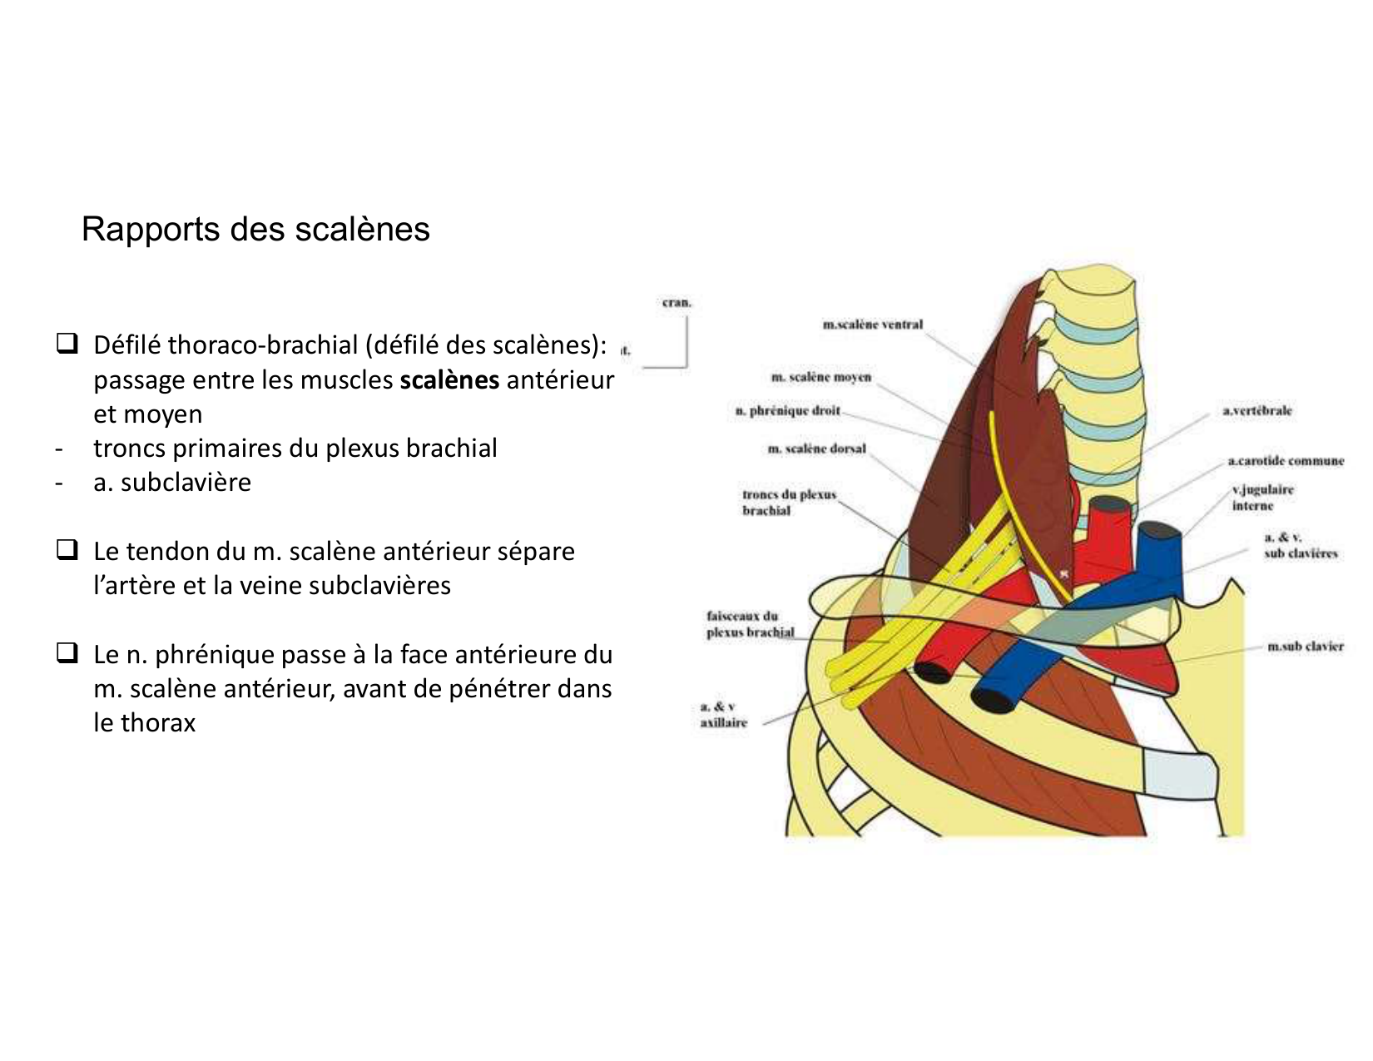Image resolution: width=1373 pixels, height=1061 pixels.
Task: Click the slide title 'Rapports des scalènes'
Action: pos(255,229)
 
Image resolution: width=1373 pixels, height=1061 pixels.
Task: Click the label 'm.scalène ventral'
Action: pos(872,325)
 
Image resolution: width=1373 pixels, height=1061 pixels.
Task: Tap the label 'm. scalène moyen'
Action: pos(820,377)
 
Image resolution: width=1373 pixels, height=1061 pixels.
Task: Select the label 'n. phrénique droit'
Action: pos(787,410)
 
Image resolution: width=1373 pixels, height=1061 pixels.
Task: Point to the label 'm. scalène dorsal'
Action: pos(816,449)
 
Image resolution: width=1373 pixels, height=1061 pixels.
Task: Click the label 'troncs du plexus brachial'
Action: pos(788,502)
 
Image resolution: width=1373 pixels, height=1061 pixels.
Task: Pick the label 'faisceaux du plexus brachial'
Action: pos(750,624)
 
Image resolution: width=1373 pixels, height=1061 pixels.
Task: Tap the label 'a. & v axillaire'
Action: pos(723,714)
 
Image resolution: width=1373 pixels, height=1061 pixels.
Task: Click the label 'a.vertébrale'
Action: pos(1257,410)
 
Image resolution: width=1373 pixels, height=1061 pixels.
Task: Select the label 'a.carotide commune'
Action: pos(1286,460)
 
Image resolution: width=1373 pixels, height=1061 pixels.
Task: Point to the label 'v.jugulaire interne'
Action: pos(1262,498)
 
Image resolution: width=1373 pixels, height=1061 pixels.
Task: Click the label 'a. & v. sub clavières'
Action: pos(1300,545)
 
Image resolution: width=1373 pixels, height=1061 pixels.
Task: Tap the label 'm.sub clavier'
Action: pos(1305,646)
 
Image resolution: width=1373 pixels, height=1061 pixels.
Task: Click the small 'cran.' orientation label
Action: pos(677,303)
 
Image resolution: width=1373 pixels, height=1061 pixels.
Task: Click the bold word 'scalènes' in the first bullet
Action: pos(449,379)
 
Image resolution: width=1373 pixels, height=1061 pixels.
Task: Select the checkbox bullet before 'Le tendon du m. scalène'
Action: pos(67,550)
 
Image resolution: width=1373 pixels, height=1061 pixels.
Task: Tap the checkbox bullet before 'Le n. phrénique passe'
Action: pos(67,653)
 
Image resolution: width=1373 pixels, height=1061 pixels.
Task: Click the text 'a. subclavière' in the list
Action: pos(172,482)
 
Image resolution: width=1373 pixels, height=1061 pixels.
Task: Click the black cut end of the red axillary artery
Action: pos(932,671)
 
